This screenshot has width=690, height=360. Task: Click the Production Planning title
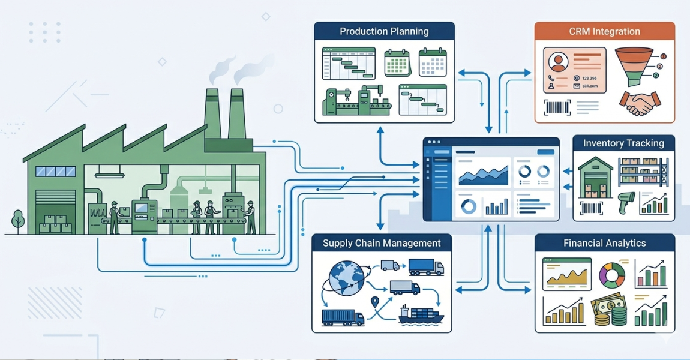[384, 31]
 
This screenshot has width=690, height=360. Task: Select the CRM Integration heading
[604, 31]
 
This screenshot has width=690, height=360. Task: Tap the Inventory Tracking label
[623, 143]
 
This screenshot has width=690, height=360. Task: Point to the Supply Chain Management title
[382, 243]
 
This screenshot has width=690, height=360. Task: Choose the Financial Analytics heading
[604, 243]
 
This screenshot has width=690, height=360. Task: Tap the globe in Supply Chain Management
[346, 278]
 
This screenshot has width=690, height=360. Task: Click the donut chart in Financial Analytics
[612, 275]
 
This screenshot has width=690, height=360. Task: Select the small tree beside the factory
[17, 220]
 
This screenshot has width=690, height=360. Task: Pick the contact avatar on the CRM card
[559, 61]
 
